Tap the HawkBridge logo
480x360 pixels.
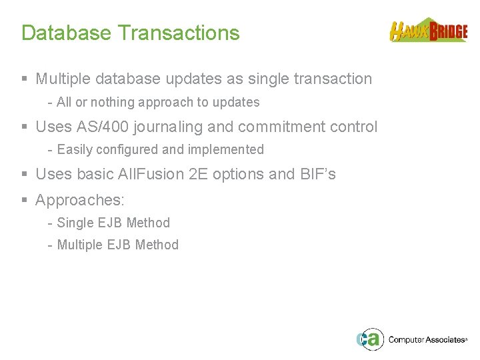428,31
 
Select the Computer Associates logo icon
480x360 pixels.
369,339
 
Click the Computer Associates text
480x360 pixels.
427,340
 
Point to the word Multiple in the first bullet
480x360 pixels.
63,79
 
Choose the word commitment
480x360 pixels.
285,127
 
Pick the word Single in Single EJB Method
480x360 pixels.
74,223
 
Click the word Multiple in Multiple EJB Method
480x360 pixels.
79,245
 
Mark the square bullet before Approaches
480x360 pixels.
25,200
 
